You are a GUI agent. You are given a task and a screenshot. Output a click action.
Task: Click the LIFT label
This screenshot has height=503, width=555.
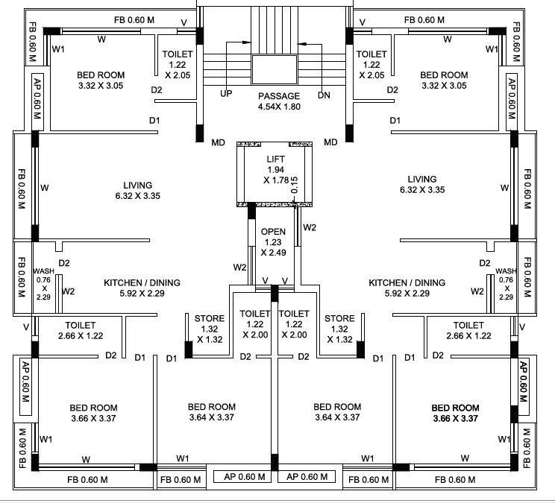pos(276,159)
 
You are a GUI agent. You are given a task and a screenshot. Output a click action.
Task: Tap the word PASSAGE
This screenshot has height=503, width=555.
pos(279,96)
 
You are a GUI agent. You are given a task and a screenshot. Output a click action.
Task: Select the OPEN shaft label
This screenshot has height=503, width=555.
pos(273,231)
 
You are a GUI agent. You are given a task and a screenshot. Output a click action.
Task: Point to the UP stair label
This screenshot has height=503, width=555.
pos(226,94)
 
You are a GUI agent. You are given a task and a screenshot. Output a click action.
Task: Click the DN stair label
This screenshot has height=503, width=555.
pos(324,95)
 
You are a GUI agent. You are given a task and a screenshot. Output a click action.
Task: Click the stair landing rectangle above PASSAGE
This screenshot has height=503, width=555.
pos(275,70)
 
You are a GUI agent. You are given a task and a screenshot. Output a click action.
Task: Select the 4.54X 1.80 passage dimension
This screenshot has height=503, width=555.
pos(279,107)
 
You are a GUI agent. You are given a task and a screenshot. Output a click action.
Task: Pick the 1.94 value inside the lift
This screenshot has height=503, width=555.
pos(276,169)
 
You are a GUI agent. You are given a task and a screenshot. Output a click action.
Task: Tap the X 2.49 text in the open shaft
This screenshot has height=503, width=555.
pos(273,253)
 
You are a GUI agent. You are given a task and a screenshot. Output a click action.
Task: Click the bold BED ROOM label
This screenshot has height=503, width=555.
pos(455,408)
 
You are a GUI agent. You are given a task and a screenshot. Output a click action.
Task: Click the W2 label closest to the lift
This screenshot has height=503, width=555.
pos(310,227)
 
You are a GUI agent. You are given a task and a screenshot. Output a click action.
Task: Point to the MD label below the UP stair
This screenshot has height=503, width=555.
pos(219,142)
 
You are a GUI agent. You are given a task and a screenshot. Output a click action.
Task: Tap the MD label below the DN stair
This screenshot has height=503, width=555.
pos(330,142)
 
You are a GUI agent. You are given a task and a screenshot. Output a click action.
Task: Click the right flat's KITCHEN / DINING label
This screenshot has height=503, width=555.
pos(407,282)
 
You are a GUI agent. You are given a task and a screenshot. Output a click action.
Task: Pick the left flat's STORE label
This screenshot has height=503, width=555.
pos(210,319)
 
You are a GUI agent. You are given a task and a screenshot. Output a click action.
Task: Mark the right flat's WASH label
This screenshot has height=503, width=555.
pos(506,271)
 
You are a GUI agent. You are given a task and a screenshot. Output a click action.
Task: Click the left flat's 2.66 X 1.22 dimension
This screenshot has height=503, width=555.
pos(80,336)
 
